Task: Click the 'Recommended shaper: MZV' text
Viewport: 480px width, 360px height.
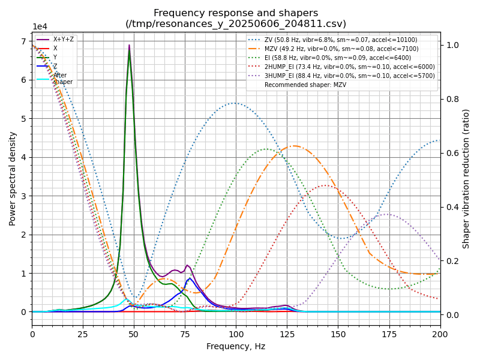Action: coord(305,85)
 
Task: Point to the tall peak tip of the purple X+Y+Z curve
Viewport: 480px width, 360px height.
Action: coord(129,45)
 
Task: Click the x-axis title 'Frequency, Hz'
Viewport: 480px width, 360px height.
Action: coord(236,346)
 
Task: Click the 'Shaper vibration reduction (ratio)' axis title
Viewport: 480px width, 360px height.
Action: coord(466,178)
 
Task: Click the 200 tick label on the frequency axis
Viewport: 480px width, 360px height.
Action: coord(440,334)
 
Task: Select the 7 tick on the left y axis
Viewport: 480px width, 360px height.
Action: coord(25,41)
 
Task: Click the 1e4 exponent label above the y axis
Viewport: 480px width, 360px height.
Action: coord(40,27)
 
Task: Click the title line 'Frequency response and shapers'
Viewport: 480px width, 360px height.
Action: coord(236,13)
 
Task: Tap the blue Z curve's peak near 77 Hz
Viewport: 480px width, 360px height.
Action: coord(190,278)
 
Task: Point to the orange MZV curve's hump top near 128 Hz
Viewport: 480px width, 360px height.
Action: coord(293,146)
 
